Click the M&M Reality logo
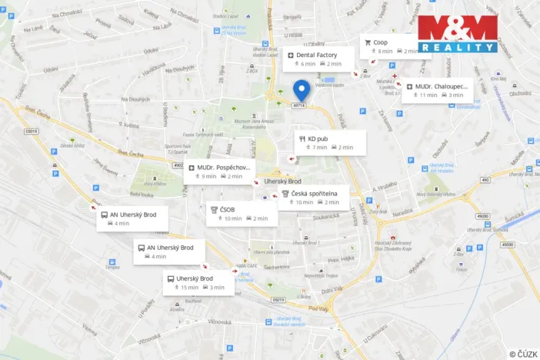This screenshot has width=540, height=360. [x=458, y=34]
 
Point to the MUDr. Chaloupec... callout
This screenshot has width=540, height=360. [x=437, y=91]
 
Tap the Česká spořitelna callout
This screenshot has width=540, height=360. [x=312, y=198]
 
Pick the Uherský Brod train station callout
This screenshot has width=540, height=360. [x=197, y=282]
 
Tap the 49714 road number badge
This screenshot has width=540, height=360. [x=300, y=105]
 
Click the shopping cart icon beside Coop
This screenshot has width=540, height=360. [x=368, y=42]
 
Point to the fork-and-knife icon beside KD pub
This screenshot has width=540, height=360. [x=302, y=138]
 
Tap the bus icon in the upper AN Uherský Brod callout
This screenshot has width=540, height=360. [x=104, y=215]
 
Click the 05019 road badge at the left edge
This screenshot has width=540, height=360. [x=31, y=132]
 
